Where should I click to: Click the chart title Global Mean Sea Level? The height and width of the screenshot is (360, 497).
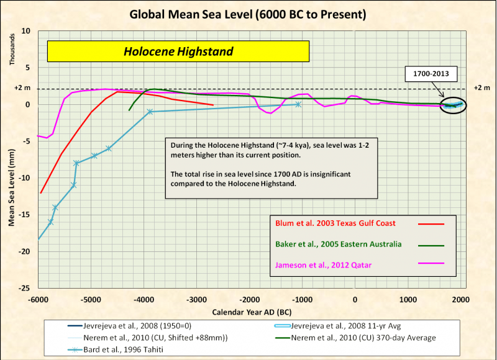tap(248, 13)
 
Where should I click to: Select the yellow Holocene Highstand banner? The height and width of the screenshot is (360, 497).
tap(178, 52)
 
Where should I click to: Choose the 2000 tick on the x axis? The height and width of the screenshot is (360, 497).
tap(460, 299)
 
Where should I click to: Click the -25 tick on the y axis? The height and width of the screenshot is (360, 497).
tap(26, 289)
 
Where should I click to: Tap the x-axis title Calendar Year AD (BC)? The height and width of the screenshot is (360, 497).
tap(248, 310)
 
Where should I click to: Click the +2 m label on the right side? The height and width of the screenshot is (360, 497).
tap(481, 88)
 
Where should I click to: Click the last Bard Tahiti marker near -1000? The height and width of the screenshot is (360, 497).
tap(298, 104)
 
